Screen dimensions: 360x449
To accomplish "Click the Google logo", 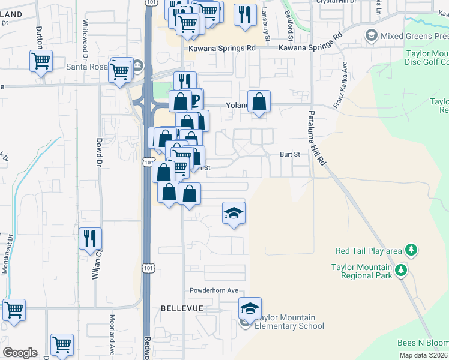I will coord(20,353).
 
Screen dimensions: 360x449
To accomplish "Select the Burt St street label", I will coord(289,154).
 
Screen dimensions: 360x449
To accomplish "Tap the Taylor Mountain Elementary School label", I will coord(289,322).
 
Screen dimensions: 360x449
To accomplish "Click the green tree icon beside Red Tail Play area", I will coord(411,250).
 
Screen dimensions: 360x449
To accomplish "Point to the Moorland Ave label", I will coord(112,335).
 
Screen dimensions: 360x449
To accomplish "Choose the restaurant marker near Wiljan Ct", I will coord(90,238).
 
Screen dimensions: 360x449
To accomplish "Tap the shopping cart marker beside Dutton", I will coord(41,61).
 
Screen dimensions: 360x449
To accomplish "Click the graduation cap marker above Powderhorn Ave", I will coord(234,212).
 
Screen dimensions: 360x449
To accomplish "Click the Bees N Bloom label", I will coord(423,343).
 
